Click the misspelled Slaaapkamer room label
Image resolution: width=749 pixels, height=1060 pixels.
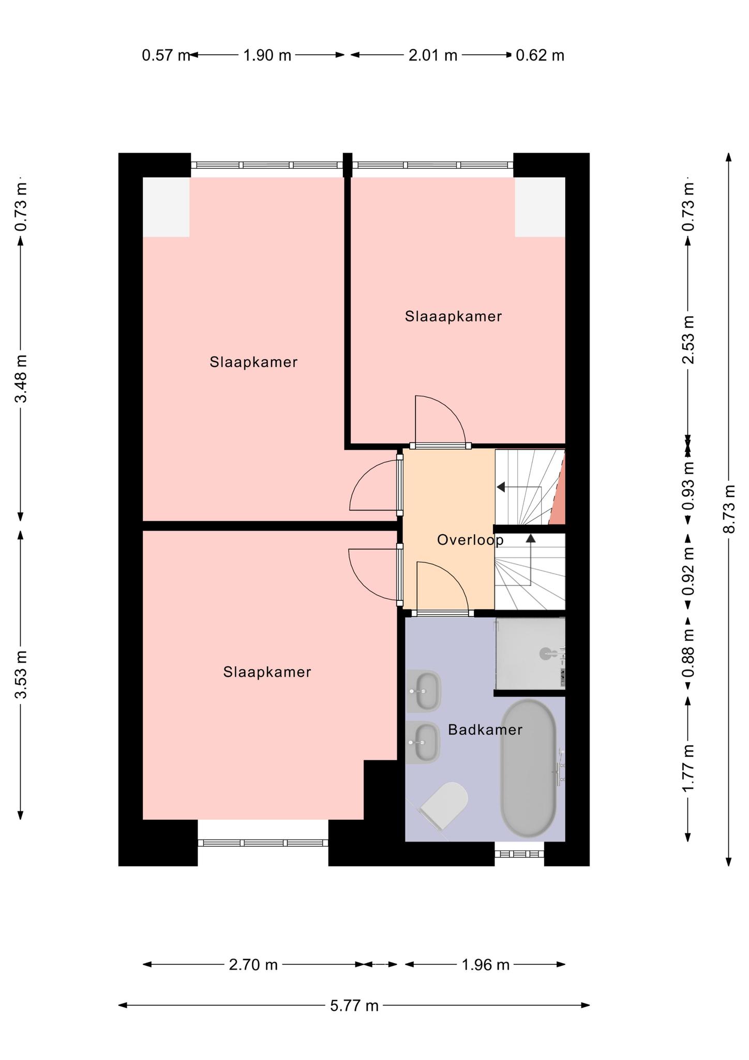pos(453,316)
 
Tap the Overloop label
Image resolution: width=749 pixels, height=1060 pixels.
pos(470,540)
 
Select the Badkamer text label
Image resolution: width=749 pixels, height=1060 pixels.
pos(485,730)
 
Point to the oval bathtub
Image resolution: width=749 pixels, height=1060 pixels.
pos(528,769)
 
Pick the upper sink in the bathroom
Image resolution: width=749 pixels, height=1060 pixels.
pos(424,691)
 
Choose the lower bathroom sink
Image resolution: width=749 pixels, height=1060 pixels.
pos(423,742)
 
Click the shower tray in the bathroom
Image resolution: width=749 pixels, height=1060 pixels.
pos(530,653)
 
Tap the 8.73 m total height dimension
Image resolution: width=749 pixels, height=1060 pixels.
pos(729,509)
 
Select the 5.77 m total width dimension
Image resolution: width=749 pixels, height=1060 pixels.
pos(354,1006)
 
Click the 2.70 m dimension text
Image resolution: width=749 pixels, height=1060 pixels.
pos(253,965)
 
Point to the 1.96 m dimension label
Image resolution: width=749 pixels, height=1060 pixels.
pos(485,965)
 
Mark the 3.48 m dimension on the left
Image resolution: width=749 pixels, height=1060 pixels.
pos(21,379)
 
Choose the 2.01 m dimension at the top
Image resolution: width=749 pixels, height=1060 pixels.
pos(433,55)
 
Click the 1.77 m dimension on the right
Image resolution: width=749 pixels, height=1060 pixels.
pos(687,768)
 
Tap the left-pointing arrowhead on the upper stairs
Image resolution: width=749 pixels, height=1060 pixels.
pos(501,487)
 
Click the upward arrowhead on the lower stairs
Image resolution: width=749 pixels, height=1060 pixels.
pos(531,538)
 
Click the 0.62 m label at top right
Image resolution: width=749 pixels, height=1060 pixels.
pos(540,55)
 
